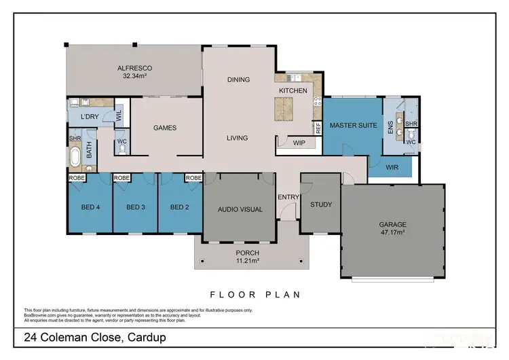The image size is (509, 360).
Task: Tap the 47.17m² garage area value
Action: tap(392, 232)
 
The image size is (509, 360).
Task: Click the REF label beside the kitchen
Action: tap(317, 127)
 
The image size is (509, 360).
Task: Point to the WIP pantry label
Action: tap(299, 143)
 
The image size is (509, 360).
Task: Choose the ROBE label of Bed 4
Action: tap(76, 178)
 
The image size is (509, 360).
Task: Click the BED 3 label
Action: tap(135, 207)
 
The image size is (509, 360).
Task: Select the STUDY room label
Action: tap(320, 204)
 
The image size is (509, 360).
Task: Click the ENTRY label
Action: tap(288, 197)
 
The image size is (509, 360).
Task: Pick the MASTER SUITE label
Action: tap(353, 126)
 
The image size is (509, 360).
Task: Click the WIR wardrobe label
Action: tap(392, 166)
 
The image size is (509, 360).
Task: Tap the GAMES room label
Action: tap(165, 128)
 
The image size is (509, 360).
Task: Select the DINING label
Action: tap(238, 79)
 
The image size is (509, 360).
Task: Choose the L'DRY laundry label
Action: tap(91, 118)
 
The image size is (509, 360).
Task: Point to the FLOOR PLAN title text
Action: tap(254, 295)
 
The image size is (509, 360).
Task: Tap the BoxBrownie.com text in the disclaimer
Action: tap(43, 314)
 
